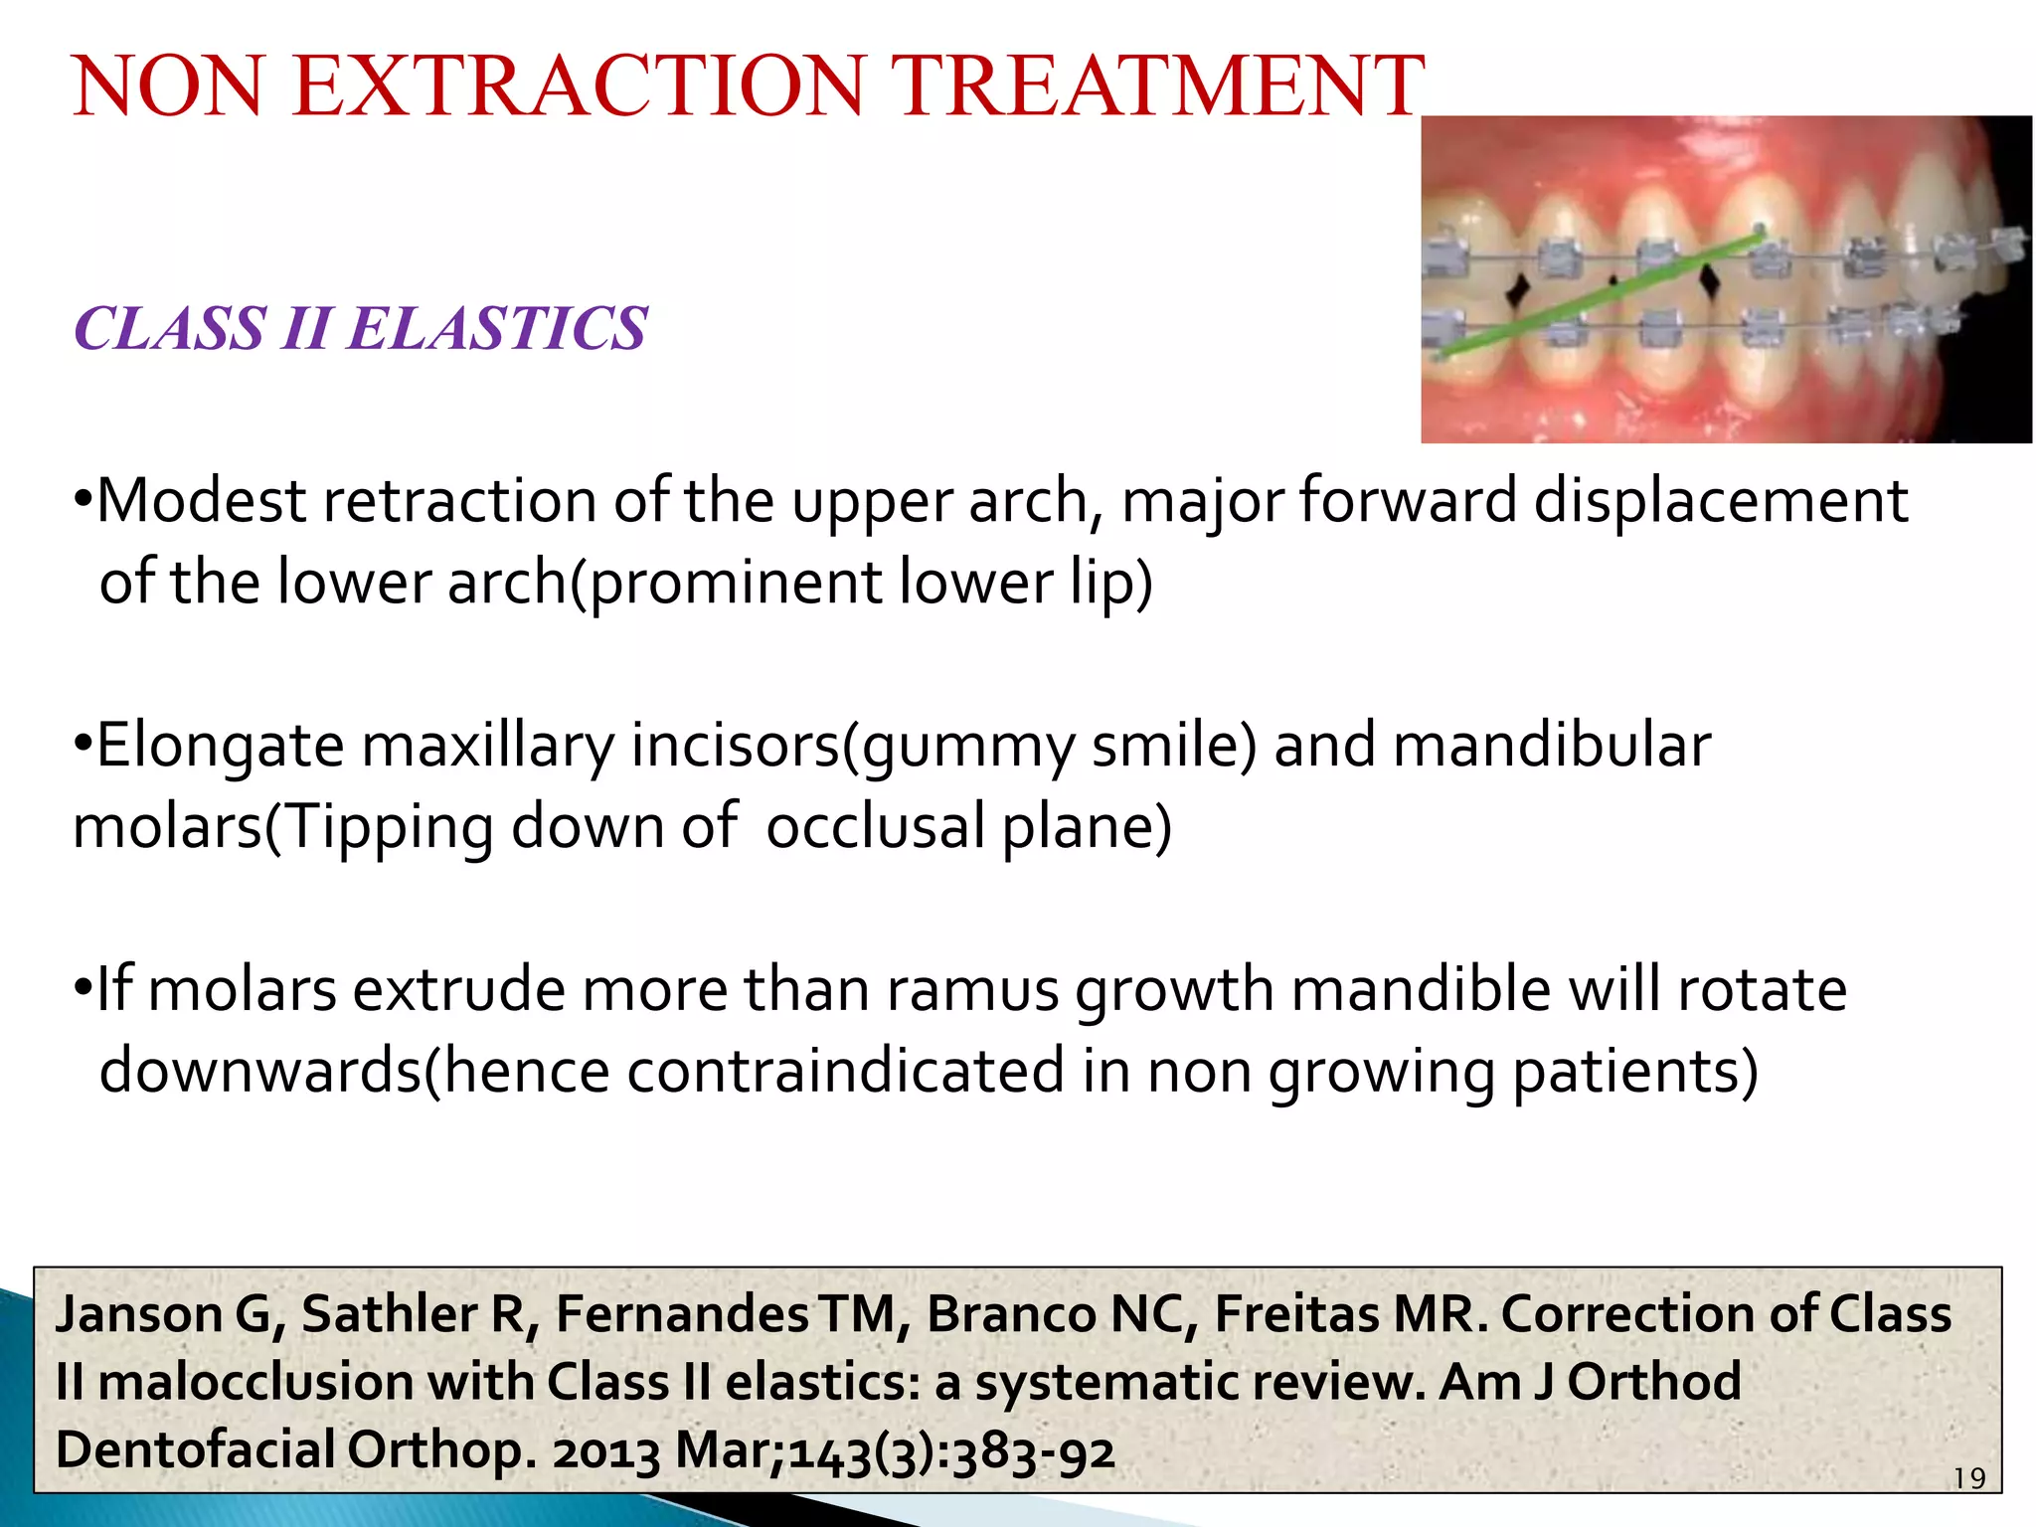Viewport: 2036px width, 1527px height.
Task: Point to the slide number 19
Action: click(x=1969, y=1479)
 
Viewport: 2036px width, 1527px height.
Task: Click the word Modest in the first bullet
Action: click(x=202, y=501)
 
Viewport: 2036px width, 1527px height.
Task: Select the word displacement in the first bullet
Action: click(x=1720, y=501)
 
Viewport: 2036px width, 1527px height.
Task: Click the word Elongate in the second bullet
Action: click(x=220, y=746)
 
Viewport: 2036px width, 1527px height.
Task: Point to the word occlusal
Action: click(x=875, y=826)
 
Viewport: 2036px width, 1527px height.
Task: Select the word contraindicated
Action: click(x=846, y=1072)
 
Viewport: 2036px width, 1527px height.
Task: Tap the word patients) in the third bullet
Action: click(x=1635, y=1072)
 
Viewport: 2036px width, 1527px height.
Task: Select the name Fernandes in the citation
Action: click(x=682, y=1314)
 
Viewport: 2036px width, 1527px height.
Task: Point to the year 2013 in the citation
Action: click(x=606, y=1451)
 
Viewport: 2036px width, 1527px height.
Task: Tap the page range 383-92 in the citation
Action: click(x=1033, y=1451)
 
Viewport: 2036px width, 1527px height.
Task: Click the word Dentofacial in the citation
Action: click(x=193, y=1451)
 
